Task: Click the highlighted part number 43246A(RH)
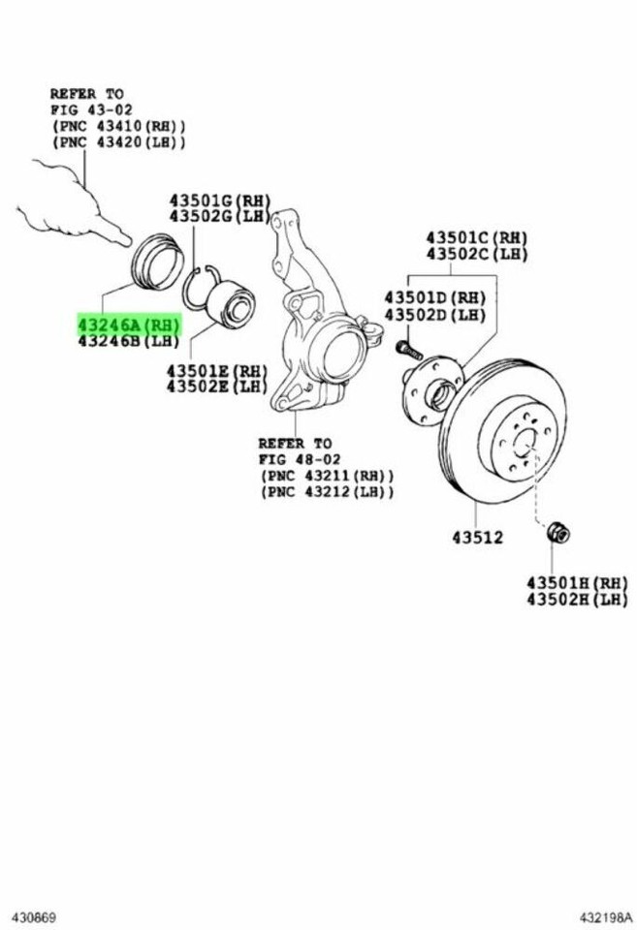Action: point(128,324)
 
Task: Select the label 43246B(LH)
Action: point(128,341)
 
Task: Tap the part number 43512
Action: point(476,536)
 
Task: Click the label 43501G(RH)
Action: point(218,201)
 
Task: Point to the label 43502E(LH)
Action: point(214,387)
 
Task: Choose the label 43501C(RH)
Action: point(475,237)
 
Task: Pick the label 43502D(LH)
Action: point(433,316)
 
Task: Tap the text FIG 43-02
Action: point(87,110)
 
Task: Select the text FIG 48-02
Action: point(295,458)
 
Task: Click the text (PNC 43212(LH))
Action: point(327,492)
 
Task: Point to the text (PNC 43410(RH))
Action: point(117,127)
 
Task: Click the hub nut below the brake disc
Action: point(559,533)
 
